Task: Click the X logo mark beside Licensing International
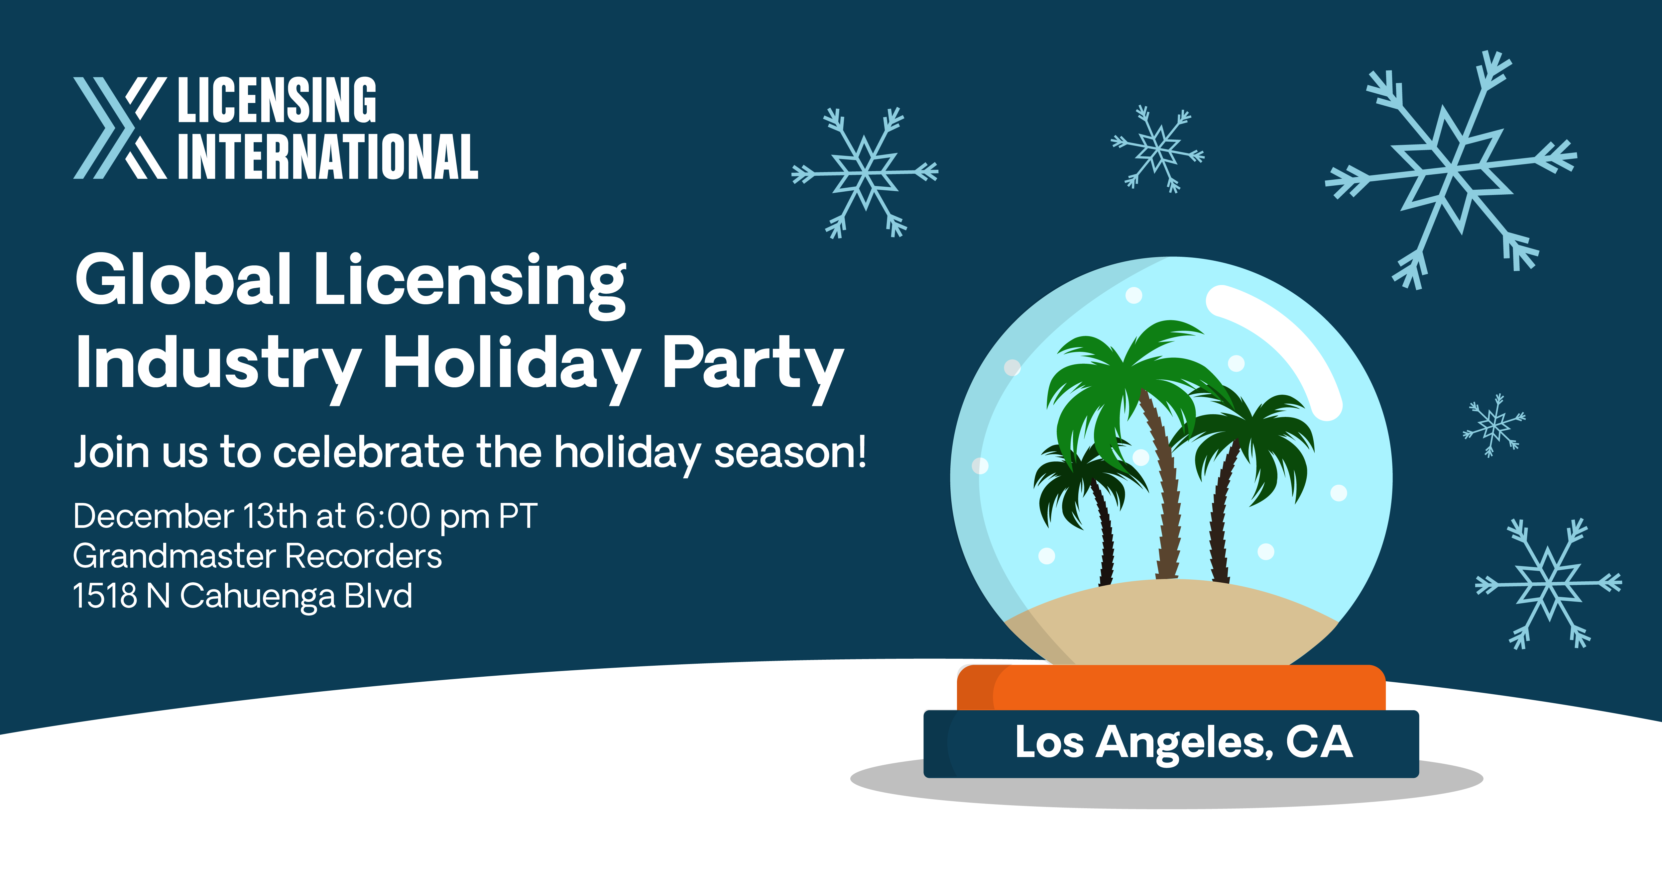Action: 120,128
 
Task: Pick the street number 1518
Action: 104,595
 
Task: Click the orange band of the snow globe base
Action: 1171,688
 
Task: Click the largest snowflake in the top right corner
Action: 1452,171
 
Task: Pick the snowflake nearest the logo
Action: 865,173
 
